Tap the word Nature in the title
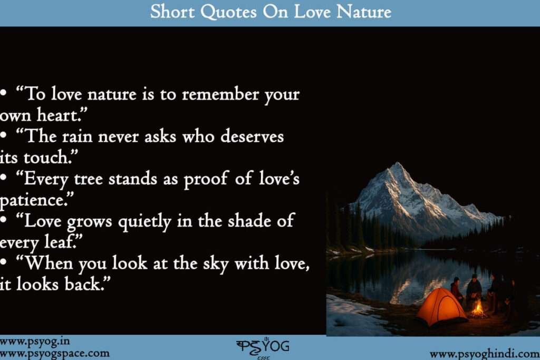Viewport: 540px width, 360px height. point(364,12)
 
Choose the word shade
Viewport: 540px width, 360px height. point(249,221)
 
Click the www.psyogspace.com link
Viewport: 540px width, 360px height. point(55,353)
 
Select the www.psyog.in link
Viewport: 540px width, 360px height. point(35,342)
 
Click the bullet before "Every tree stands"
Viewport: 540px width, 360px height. point(4,180)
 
